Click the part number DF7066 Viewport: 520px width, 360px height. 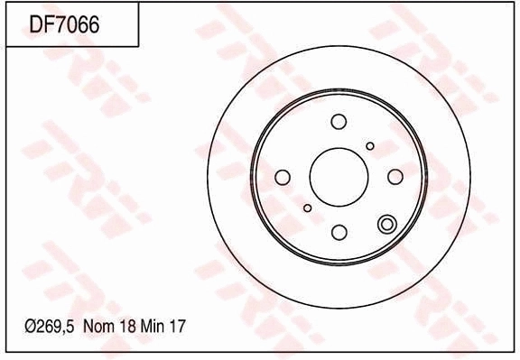(x=64, y=24)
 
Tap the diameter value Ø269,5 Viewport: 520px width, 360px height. (x=49, y=327)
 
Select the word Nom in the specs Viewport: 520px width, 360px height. (x=99, y=327)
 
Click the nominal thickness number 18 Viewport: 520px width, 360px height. (x=128, y=327)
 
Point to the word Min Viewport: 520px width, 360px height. (x=153, y=327)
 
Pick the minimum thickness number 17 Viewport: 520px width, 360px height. (x=177, y=327)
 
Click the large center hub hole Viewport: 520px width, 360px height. (x=339, y=177)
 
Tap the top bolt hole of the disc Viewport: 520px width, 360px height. (x=339, y=122)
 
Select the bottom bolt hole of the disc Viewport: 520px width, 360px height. (x=339, y=232)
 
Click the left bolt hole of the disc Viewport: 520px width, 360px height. (x=283, y=177)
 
